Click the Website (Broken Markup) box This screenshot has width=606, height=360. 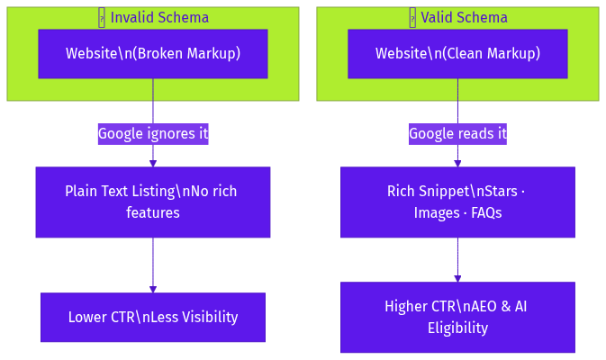(x=152, y=54)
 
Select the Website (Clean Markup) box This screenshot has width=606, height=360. (x=457, y=54)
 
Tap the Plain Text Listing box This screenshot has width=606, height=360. (x=152, y=202)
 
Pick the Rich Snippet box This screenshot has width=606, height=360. (x=457, y=202)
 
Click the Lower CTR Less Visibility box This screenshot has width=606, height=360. (x=152, y=317)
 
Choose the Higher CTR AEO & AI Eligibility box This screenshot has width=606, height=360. (x=457, y=317)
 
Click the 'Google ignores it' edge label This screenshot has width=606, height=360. (x=152, y=134)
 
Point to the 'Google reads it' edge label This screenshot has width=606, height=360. (x=457, y=134)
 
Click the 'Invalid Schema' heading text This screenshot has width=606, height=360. (x=158, y=18)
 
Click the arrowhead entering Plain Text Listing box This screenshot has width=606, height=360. (x=153, y=163)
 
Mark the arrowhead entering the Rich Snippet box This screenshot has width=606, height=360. (x=457, y=163)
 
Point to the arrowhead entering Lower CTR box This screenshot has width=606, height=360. (x=153, y=289)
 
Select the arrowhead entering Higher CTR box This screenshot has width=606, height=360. (x=457, y=278)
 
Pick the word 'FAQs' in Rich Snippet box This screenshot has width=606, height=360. (x=485, y=213)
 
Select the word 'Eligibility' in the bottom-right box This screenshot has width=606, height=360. (x=457, y=328)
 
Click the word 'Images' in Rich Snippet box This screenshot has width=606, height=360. (x=435, y=213)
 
